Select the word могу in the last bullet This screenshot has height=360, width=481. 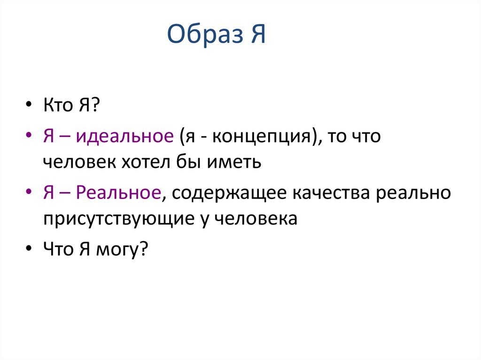pyautogui.click(x=119, y=249)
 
